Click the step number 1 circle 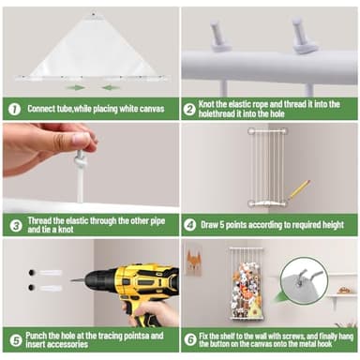[14, 110]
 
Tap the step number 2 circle [189, 110]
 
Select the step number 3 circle [16, 225]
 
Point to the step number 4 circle [189, 225]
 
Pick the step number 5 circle [16, 340]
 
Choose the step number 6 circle [190, 340]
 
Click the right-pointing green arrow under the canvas [75, 88]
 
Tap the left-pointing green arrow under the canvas [110, 88]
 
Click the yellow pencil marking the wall [299, 189]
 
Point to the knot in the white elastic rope [80, 159]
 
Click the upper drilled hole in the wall [32, 273]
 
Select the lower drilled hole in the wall [31, 287]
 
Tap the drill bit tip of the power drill [71, 280]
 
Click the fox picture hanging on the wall [193, 260]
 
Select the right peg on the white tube [303, 36]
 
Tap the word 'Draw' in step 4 [210, 225]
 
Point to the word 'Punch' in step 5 [37, 336]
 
